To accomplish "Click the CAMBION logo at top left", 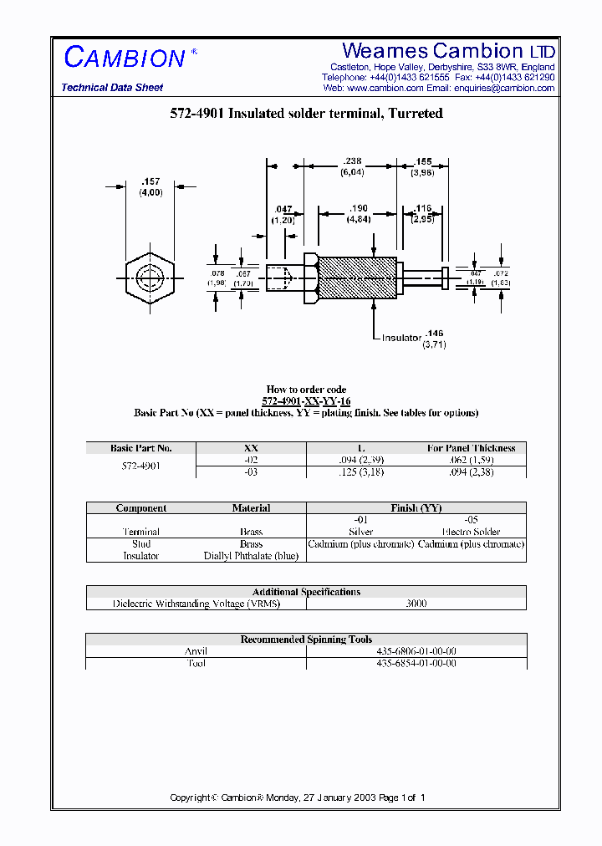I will tap(125, 57).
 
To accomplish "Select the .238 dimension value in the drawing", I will tap(352, 162).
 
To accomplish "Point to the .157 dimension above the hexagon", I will tap(150, 181).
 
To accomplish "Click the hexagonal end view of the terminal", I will tap(150, 278).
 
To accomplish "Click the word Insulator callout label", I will tap(401, 338).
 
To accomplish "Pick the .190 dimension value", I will tap(358, 208).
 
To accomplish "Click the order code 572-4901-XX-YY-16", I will tap(306, 401).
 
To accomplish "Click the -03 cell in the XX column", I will tap(251, 472).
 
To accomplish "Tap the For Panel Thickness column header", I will tap(472, 448).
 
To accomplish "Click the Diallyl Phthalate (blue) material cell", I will tap(251, 556).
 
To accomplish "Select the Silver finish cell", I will tap(361, 532).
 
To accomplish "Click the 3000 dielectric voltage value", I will tap(416, 604).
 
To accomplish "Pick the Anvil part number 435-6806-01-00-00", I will tap(416, 651).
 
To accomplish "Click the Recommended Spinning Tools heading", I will tap(306, 640).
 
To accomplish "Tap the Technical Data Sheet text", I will tap(112, 88).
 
